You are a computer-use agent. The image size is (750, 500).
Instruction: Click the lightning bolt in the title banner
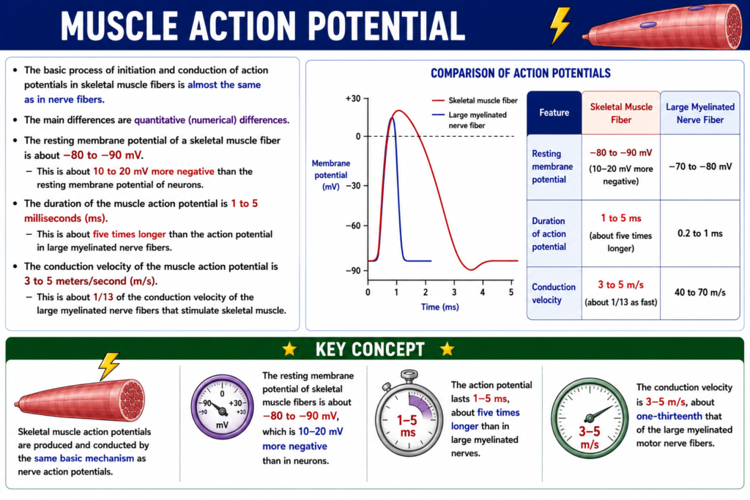pos(560,26)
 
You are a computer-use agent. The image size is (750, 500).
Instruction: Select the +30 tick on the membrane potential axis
pos(354,99)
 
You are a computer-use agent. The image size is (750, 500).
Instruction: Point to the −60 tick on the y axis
pos(354,225)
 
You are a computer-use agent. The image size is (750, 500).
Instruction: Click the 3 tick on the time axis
pos(454,292)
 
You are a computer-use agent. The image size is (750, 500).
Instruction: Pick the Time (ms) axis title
pos(439,307)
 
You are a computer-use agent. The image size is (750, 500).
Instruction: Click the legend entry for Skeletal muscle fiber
pos(475,100)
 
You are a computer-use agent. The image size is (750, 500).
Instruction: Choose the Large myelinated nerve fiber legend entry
pos(469,120)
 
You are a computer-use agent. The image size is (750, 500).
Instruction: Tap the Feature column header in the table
pos(554,113)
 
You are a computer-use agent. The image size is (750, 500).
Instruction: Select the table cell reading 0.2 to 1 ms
pos(699,234)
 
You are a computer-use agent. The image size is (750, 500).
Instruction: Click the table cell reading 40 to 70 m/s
pos(699,292)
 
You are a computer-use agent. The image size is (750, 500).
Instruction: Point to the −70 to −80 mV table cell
pos(699,167)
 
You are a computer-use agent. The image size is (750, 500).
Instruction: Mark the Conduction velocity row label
pos(554,293)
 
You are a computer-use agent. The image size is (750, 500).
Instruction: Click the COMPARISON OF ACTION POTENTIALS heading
pos(521,73)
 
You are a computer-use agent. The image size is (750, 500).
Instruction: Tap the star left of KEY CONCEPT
pos(289,349)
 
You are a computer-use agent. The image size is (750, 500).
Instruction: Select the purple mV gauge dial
pos(222,407)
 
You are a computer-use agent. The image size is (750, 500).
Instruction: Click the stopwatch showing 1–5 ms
pos(409,412)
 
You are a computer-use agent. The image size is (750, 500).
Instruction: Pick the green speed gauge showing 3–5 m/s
pos(589,418)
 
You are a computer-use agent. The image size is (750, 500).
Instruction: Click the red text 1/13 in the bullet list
pos(103,296)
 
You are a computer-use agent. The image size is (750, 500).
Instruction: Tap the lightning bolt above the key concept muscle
pos(108,366)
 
